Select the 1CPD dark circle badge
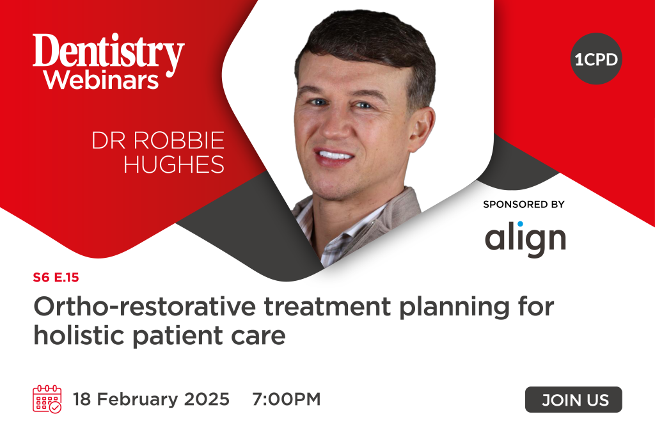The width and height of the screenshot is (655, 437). (596, 60)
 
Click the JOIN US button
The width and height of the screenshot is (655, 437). (573, 400)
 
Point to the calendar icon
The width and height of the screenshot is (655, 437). (47, 399)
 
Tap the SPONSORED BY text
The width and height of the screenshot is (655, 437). (524, 205)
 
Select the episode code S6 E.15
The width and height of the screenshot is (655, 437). (56, 278)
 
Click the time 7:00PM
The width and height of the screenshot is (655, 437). (286, 400)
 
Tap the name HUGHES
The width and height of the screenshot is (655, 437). (174, 164)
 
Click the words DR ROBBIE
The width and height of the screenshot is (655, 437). (158, 141)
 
